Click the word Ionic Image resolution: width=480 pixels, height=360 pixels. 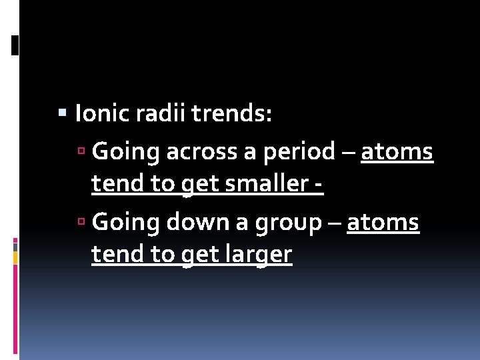(x=103, y=114)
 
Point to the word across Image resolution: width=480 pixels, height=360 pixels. (x=204, y=152)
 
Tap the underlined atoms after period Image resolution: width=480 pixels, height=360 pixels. (x=397, y=152)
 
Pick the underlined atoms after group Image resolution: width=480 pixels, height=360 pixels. (x=383, y=223)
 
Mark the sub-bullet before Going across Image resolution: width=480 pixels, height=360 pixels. (x=82, y=153)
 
